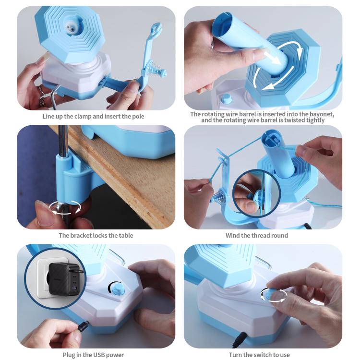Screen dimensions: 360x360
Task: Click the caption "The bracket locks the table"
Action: [96, 235]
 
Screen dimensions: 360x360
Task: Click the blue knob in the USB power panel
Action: [117, 288]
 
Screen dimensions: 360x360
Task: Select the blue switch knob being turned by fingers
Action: [272, 294]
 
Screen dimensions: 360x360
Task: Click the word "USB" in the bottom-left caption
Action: [97, 355]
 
